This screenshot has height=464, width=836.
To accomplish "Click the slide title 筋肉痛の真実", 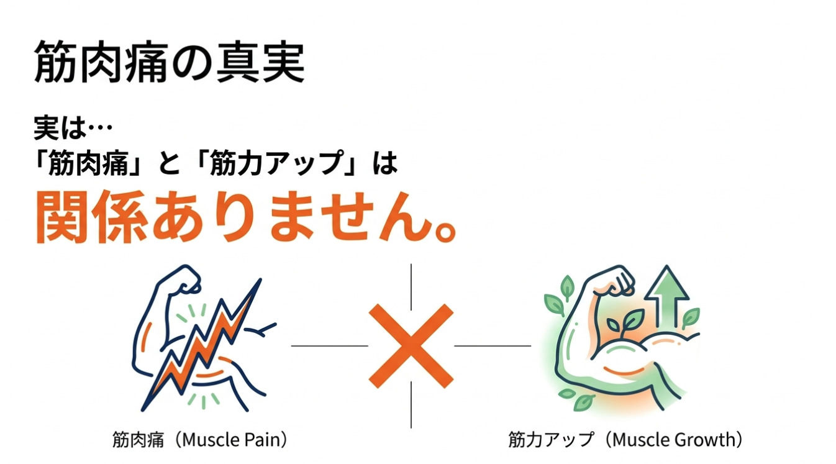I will click(169, 62).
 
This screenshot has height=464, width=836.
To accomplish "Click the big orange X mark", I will click(411, 345).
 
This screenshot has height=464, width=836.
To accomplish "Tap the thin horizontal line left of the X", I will click(329, 346).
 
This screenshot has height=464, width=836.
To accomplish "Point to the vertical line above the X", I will click(411, 286).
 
